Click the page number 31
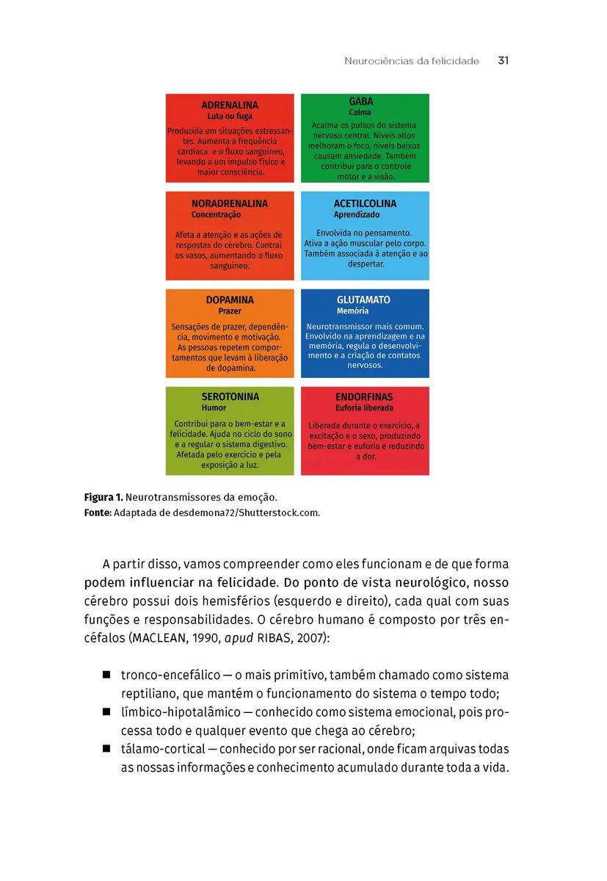click(x=503, y=61)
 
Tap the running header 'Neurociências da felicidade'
click(x=411, y=62)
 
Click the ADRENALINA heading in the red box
click(x=230, y=105)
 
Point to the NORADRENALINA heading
click(x=230, y=203)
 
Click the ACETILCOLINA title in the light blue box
click(x=365, y=203)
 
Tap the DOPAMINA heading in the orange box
click(x=230, y=300)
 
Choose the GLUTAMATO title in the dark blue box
click(x=363, y=300)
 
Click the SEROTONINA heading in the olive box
click(x=230, y=396)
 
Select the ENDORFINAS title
click(x=364, y=397)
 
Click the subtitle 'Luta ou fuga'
click(x=230, y=116)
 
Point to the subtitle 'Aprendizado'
click(x=357, y=215)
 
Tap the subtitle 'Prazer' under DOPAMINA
click(x=230, y=311)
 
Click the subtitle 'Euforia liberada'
click(x=364, y=408)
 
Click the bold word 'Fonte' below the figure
click(x=98, y=512)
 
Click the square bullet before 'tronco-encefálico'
click(x=106, y=675)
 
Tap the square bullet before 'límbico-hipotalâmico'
click(x=106, y=711)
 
